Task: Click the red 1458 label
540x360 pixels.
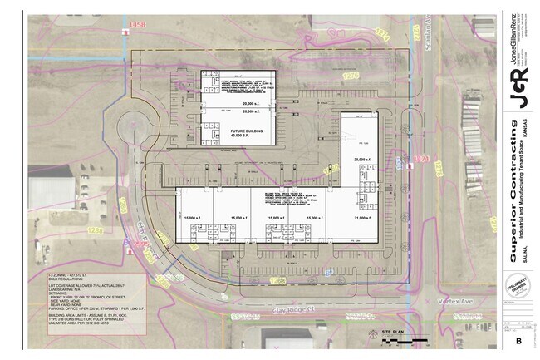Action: click(138, 26)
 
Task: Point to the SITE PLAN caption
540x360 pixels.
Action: click(392, 332)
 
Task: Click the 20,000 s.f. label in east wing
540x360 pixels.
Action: click(360, 159)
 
